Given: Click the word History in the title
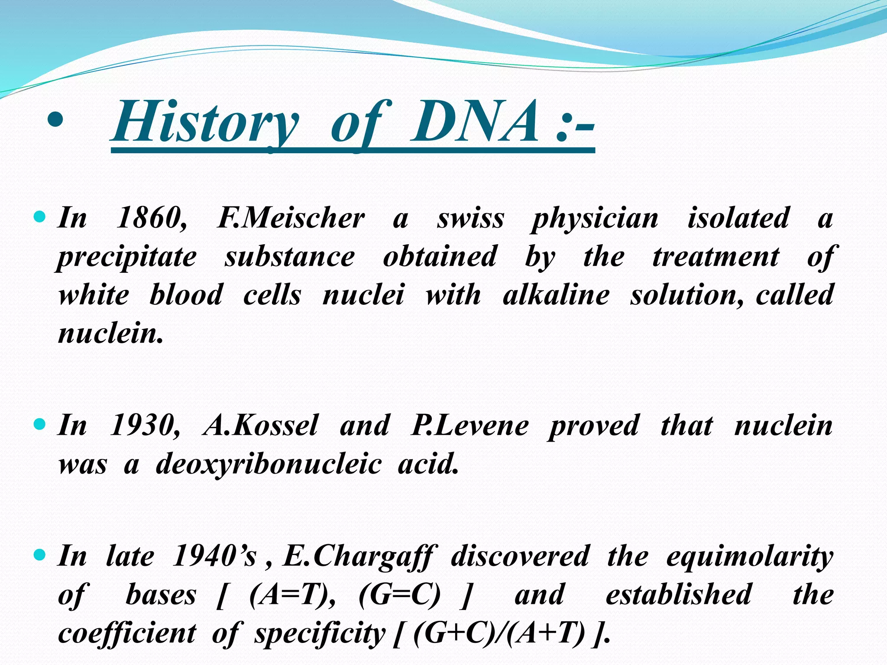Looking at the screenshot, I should (x=206, y=122).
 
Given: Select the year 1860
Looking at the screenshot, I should (x=152, y=217).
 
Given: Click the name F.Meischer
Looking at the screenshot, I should (x=291, y=217).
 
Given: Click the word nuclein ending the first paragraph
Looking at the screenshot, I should (x=110, y=334).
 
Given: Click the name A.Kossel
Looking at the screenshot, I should (x=261, y=425).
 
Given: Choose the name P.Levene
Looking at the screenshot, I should (x=469, y=425).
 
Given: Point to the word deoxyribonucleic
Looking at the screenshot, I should (x=269, y=464).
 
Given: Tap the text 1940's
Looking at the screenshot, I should (x=215, y=556).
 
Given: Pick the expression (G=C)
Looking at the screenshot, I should (x=399, y=595).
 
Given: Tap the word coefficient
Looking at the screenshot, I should (x=127, y=633).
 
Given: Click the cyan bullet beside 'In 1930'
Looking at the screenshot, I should (x=39, y=424).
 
